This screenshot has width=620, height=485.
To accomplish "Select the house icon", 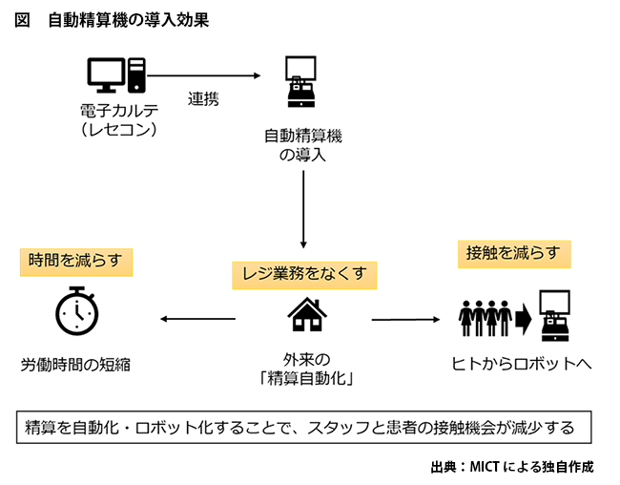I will click(x=305, y=314).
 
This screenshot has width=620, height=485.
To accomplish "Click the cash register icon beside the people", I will click(x=556, y=316).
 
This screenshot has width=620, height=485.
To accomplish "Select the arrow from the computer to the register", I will click(x=205, y=75).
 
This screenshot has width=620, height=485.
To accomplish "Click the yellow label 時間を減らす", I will click(x=75, y=260).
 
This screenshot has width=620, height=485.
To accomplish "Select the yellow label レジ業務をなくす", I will click(x=304, y=274).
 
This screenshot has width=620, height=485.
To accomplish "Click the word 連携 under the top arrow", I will click(x=204, y=99).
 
